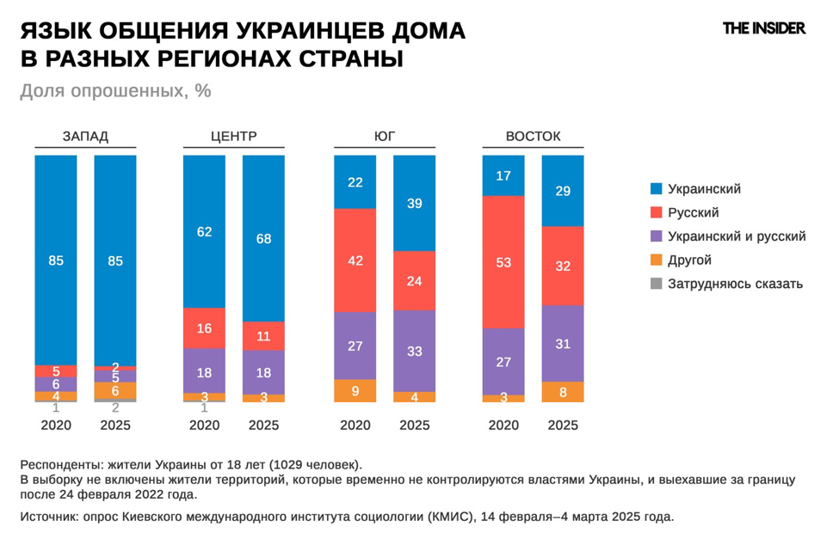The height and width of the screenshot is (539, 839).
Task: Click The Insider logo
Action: pyautogui.click(x=763, y=28)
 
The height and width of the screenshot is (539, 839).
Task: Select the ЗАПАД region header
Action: pyautogui.click(x=85, y=136)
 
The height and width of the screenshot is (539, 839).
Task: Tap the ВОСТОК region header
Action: pyautogui.click(x=533, y=136)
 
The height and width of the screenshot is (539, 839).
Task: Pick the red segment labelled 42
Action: pyautogui.click(x=355, y=260)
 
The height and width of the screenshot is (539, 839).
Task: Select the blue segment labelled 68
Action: pyautogui.click(x=263, y=238)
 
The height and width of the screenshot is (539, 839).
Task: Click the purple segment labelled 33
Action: pyautogui.click(x=414, y=351)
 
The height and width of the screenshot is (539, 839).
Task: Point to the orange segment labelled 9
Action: pyautogui.click(x=355, y=390)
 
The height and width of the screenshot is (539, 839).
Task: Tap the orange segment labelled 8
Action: pyautogui.click(x=563, y=392)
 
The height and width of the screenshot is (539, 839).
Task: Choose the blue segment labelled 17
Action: pyautogui.click(x=503, y=175)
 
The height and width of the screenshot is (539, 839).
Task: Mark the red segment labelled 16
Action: pyautogui.click(x=204, y=328)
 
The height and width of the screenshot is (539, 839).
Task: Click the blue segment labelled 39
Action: pyautogui.click(x=414, y=203)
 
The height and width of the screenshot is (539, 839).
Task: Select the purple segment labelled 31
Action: pyautogui.click(x=563, y=343)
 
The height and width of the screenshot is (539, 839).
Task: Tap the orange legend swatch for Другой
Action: pyautogui.click(x=657, y=260)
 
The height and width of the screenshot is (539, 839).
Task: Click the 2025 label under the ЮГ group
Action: pyautogui.click(x=414, y=425)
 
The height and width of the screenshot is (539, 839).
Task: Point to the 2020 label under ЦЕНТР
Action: pyautogui.click(x=204, y=425)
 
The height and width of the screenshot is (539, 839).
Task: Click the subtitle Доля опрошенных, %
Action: pyautogui.click(x=115, y=91)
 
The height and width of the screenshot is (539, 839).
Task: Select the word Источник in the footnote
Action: pyautogui.click(x=50, y=517)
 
